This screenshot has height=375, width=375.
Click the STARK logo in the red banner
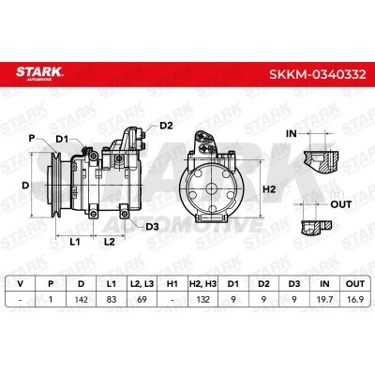pos(39,73)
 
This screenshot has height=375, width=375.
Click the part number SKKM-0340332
pos(318,74)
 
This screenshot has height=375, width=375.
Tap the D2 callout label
pos(166,126)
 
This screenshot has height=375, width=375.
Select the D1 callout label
pos(62,140)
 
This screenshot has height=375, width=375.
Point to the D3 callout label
pos(152,227)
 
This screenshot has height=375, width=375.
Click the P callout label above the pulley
pos(32,138)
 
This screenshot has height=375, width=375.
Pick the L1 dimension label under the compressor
pos(75,241)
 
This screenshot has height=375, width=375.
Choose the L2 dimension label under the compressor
pos(110,241)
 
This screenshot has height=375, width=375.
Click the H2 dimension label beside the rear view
pos(269,189)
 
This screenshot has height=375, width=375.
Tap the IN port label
pos(292,134)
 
